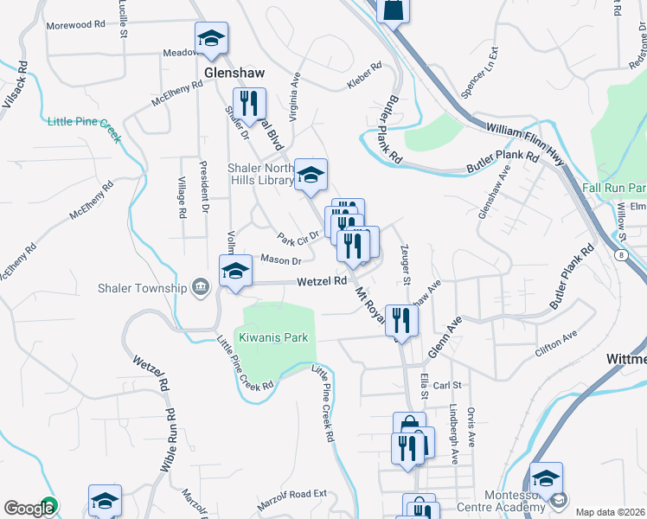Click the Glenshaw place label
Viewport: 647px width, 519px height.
[234, 73]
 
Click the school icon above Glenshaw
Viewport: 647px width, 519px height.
[211, 39]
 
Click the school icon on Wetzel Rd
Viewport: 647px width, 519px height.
[234, 272]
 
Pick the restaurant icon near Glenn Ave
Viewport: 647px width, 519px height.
[401, 321]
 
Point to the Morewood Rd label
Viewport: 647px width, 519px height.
[75, 25]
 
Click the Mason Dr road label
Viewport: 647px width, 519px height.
[280, 260]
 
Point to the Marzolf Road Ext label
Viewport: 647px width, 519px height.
[293, 503]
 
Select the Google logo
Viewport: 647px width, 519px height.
[29, 508]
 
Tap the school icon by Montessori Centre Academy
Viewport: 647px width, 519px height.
[546, 479]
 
